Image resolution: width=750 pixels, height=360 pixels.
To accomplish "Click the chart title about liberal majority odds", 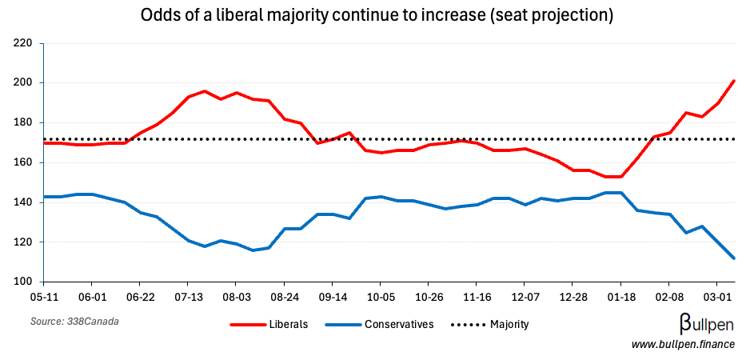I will pos(376,16).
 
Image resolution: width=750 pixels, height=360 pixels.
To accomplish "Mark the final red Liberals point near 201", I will pos(733,81).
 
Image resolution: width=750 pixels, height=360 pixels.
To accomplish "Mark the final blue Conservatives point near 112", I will pos(733,258).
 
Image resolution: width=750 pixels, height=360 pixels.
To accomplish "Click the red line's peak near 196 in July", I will pos(204,91).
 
